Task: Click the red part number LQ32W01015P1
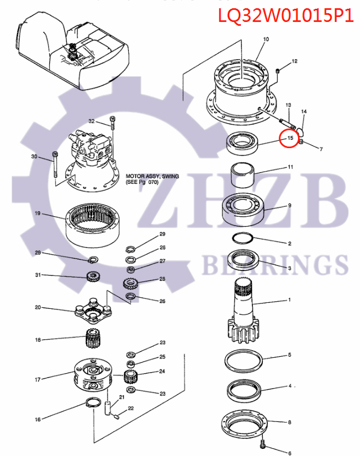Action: coord(286,16)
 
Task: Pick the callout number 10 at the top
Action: coord(266,40)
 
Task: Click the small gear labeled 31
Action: coord(92,276)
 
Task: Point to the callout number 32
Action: coord(92,121)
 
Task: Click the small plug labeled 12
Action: coord(278,71)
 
